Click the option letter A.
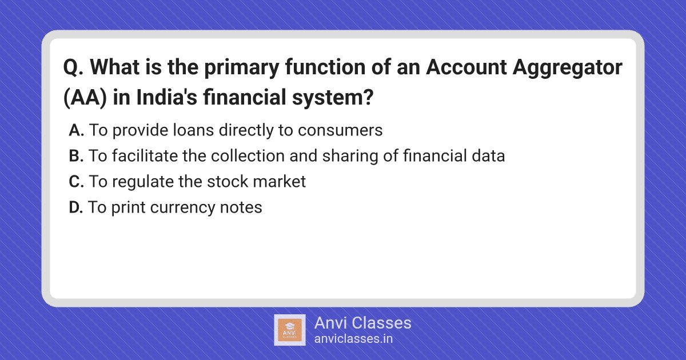pyautogui.click(x=76, y=130)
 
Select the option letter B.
pyautogui.click(x=76, y=156)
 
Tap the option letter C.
pyautogui.click(x=76, y=182)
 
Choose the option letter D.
pyautogui.click(x=76, y=207)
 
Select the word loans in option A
pyautogui.click(x=193, y=130)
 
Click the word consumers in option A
pyautogui.click(x=340, y=131)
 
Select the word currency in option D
pyautogui.click(x=182, y=208)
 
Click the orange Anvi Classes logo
pyautogui.click(x=290, y=330)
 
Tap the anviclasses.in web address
pyautogui.click(x=353, y=339)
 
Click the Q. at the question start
pyautogui.click(x=73, y=67)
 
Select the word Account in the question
pyautogui.click(x=466, y=67)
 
